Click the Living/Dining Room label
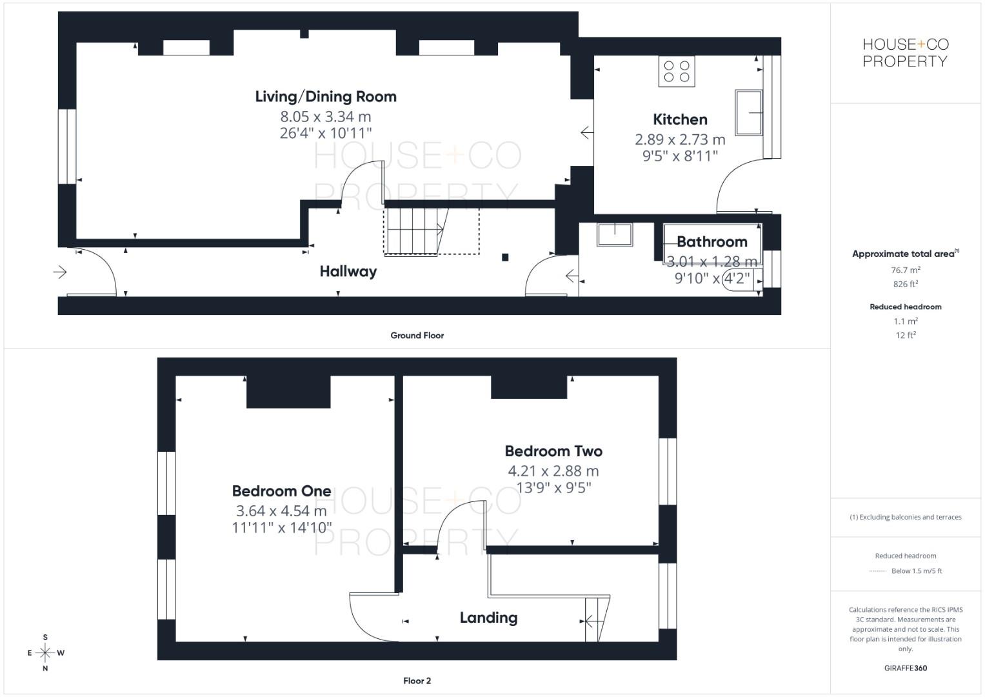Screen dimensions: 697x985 click(x=326, y=97)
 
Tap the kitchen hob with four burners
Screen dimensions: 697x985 click(x=677, y=72)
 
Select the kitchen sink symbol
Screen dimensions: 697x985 click(x=748, y=112)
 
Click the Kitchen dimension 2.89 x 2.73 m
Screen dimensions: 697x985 click(x=680, y=139)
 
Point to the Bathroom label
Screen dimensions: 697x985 click(x=711, y=242)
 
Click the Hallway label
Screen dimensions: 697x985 click(x=348, y=272)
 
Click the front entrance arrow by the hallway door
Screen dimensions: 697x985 click(x=60, y=272)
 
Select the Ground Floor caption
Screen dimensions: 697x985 click(x=417, y=336)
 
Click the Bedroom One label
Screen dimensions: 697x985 click(x=281, y=491)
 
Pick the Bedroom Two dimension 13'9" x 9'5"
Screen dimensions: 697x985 click(x=553, y=488)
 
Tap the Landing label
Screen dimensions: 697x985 click(x=488, y=618)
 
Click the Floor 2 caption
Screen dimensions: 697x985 click(x=417, y=681)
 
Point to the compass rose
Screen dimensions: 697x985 click(x=45, y=653)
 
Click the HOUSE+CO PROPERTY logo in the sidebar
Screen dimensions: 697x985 click(x=905, y=53)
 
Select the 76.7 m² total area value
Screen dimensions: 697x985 click(x=905, y=270)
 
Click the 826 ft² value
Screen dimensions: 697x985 click(x=905, y=284)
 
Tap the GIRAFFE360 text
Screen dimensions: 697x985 click(x=905, y=668)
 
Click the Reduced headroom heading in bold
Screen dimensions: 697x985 click(x=905, y=307)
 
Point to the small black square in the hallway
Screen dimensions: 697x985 click(x=505, y=258)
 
